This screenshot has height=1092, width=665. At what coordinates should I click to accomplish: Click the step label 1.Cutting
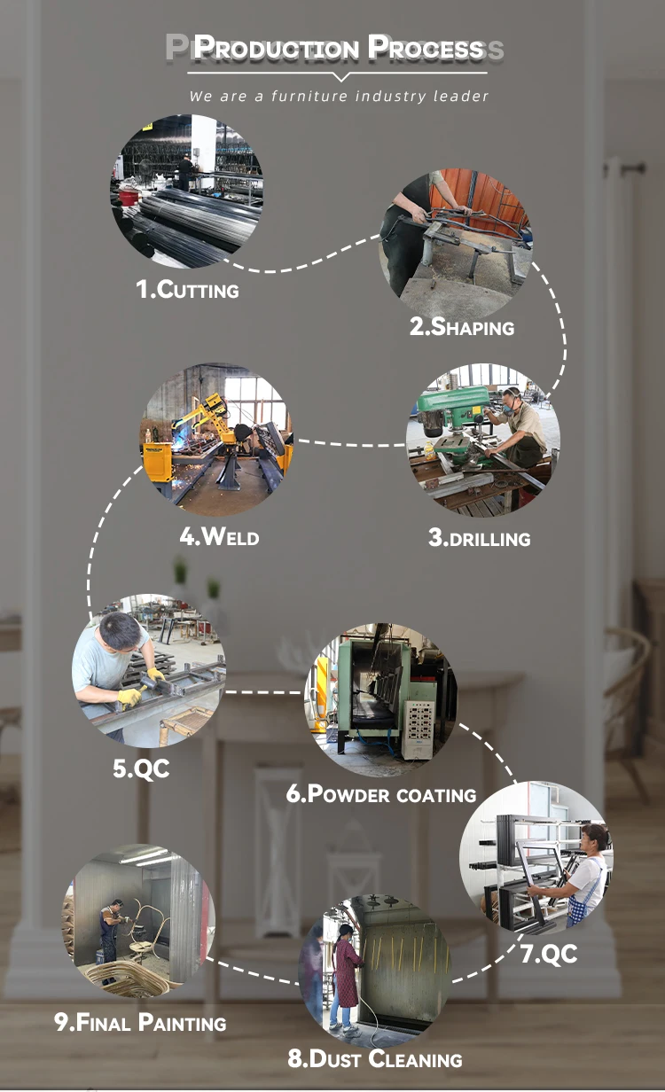pyautogui.click(x=187, y=290)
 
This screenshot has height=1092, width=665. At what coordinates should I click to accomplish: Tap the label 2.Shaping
pyautogui.click(x=461, y=327)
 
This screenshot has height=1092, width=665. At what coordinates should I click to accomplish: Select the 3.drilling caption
pyautogui.click(x=479, y=538)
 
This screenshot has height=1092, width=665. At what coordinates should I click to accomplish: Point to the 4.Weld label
pyautogui.click(x=219, y=536)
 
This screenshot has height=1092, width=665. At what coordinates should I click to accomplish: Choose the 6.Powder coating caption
pyautogui.click(x=381, y=794)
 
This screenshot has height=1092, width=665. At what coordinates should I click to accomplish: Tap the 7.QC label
pyautogui.click(x=548, y=954)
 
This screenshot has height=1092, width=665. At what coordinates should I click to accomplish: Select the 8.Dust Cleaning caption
pyautogui.click(x=374, y=1058)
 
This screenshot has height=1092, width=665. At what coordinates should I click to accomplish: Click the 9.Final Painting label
pyautogui.click(x=140, y=1023)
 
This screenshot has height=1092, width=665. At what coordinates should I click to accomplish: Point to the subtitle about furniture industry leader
pyautogui.click(x=339, y=96)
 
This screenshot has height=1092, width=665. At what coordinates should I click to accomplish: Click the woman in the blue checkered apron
pyautogui.click(x=585, y=873)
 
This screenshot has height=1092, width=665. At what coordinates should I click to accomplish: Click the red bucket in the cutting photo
pyautogui.click(x=129, y=197)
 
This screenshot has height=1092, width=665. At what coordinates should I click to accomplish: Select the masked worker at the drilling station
pyautogui.click(x=523, y=425)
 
